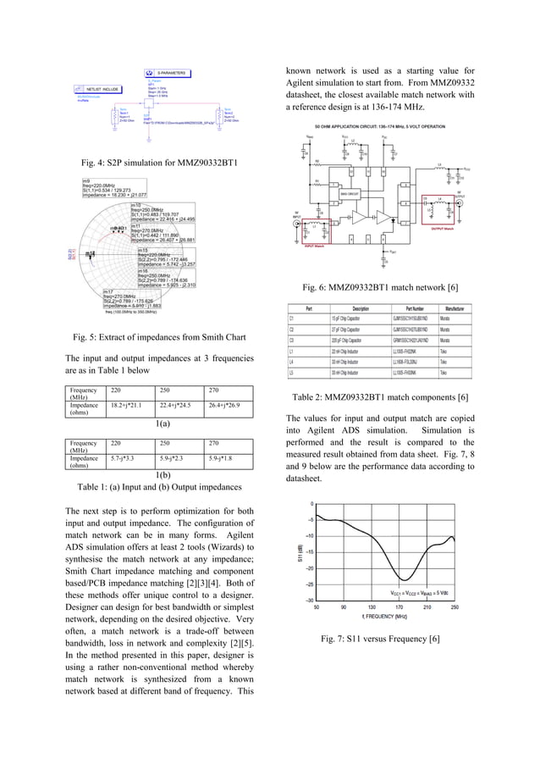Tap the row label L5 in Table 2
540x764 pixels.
[x=291, y=372]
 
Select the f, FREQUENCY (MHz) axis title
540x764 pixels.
[x=386, y=617]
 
